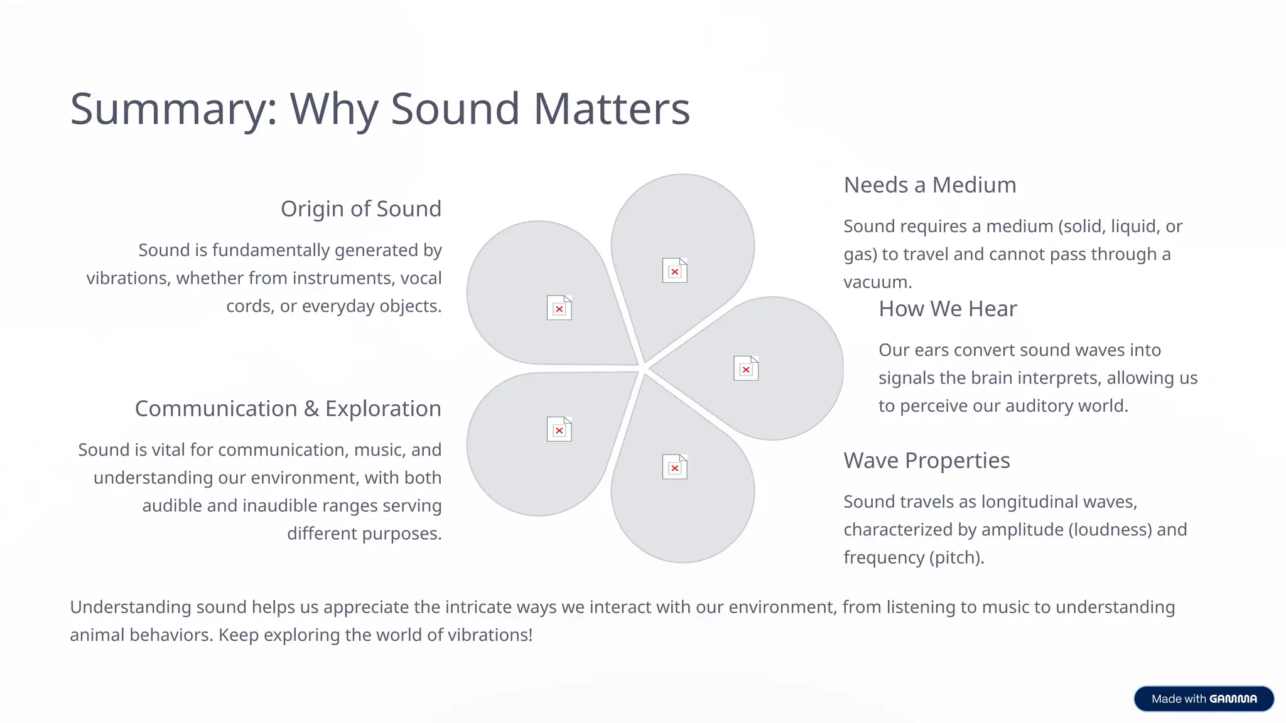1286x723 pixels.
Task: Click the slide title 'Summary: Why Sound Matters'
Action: pyautogui.click(x=380, y=109)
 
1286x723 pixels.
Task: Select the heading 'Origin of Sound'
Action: pyautogui.click(x=361, y=209)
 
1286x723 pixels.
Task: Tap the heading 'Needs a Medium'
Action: pyautogui.click(x=929, y=185)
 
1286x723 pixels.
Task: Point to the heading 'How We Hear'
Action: pyautogui.click(x=948, y=309)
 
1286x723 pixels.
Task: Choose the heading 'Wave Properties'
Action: pyautogui.click(x=926, y=461)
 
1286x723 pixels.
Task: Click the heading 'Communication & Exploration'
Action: pyautogui.click(x=288, y=409)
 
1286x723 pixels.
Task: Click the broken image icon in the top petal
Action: pyautogui.click(x=674, y=270)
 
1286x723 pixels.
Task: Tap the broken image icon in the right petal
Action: pyautogui.click(x=746, y=368)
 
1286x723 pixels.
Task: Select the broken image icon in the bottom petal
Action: pyautogui.click(x=674, y=467)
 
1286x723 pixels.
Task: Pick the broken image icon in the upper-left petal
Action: pyautogui.click(x=559, y=308)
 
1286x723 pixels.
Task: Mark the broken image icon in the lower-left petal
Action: pyautogui.click(x=559, y=429)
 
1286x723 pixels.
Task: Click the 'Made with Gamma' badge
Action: pyautogui.click(x=1204, y=699)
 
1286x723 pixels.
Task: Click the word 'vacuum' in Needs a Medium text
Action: pyautogui.click(x=875, y=282)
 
